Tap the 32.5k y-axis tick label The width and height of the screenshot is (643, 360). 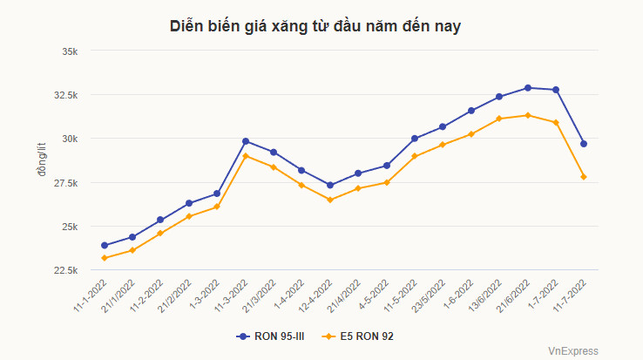[64, 95]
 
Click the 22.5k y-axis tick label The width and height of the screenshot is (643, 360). [64, 270]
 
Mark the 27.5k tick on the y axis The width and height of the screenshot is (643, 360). [64, 183]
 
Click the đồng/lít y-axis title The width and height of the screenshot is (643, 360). [41, 160]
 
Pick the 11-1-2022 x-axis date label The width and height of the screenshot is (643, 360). [90, 297]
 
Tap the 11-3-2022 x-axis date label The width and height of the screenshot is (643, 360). [230, 297]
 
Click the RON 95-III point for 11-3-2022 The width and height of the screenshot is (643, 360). [246, 141]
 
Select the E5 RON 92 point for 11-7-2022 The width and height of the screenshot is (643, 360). [584, 177]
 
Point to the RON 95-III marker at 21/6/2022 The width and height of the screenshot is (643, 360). [528, 88]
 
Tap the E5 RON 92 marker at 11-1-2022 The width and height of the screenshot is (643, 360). [105, 258]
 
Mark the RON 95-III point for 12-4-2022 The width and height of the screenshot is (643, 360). [330, 185]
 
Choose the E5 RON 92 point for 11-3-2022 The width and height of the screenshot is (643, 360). [246, 156]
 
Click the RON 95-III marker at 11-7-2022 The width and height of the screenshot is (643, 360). [584, 144]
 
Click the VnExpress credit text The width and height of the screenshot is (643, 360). [572, 350]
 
